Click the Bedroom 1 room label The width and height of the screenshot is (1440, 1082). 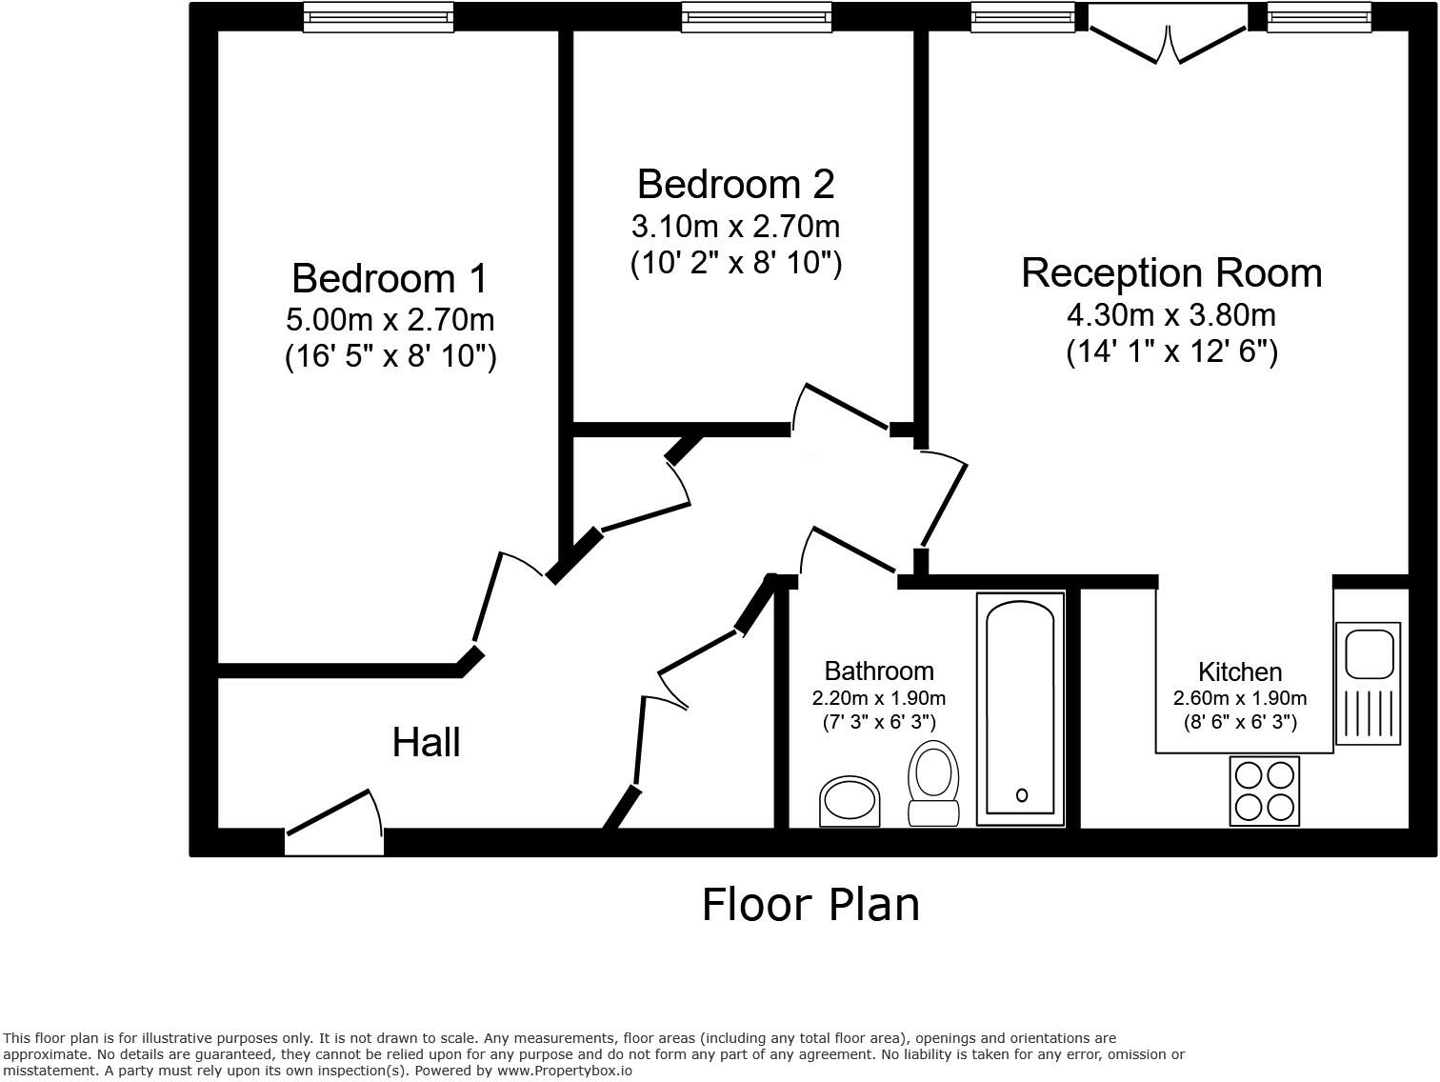click(390, 278)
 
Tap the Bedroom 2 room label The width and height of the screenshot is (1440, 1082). click(735, 184)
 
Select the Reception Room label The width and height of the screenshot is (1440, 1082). click(1171, 272)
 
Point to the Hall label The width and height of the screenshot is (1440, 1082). click(426, 742)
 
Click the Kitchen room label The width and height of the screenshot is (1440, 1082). click(1239, 671)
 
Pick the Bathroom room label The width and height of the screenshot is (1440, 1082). click(878, 671)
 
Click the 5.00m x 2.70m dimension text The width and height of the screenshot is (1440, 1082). click(390, 319)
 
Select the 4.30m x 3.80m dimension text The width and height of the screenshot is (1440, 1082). click(1171, 313)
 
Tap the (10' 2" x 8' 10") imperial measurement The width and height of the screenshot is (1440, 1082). click(735, 263)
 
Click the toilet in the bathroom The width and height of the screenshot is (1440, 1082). click(932, 781)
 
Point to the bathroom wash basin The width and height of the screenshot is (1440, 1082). click(850, 800)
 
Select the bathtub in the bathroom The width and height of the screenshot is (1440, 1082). click(1020, 709)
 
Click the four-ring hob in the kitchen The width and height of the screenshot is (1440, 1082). click(1265, 791)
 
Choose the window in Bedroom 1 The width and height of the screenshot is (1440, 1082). click(378, 17)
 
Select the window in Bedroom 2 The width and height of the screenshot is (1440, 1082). click(756, 17)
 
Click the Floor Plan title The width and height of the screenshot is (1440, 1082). click(810, 904)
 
